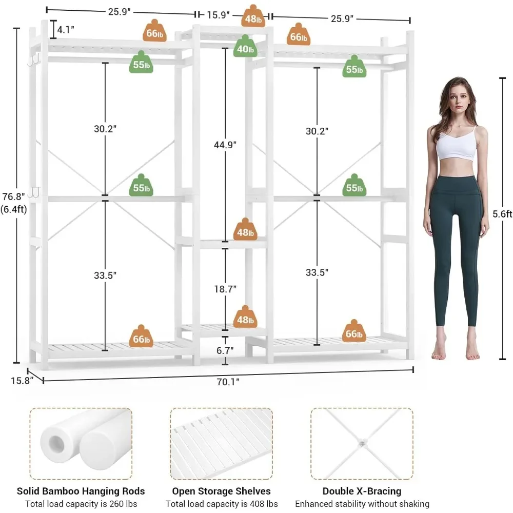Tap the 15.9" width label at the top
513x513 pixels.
click(219, 15)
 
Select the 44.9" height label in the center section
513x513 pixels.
click(225, 145)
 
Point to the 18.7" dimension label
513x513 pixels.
click(225, 289)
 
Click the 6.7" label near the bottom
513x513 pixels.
click(225, 350)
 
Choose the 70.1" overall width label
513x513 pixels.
click(226, 381)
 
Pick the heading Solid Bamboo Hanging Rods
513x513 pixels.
click(81, 491)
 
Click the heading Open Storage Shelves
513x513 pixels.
click(221, 491)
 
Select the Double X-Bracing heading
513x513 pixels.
click(362, 491)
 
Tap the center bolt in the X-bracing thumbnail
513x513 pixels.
click(361, 443)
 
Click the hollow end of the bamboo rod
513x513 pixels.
click(54, 442)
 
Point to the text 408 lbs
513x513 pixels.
click(265, 504)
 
